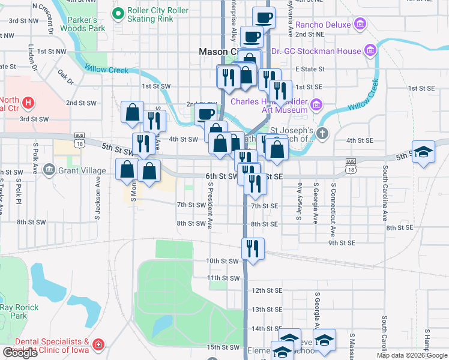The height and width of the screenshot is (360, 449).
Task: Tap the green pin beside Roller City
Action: click(x=118, y=11)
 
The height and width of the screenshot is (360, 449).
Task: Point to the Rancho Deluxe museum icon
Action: click(x=360, y=25)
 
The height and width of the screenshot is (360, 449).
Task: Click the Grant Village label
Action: click(x=82, y=170)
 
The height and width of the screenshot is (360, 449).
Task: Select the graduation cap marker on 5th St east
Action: click(x=423, y=153)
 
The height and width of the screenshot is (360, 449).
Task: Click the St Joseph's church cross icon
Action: click(x=322, y=133)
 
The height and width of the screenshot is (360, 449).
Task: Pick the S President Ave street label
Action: click(x=211, y=206)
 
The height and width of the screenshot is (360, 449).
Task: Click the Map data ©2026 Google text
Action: click(x=412, y=355)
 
